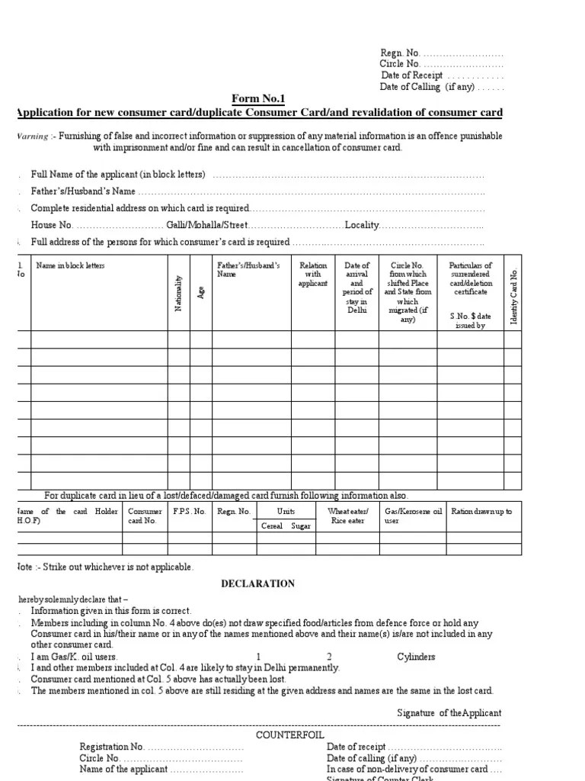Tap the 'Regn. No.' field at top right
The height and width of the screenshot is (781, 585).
tap(441, 53)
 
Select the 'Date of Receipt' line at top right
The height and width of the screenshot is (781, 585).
tap(441, 76)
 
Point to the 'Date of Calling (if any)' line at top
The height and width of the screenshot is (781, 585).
tap(441, 87)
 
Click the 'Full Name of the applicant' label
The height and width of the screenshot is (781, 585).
tap(118, 175)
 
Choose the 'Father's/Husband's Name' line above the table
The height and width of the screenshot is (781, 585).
tap(84, 191)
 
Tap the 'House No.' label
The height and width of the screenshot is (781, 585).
tap(52, 225)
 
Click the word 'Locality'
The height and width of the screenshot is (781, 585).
tap(362, 225)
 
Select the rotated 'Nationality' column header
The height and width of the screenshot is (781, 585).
tap(178, 293)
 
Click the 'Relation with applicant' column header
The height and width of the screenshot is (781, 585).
tap(313, 275)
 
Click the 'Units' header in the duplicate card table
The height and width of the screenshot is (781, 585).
tap(286, 511)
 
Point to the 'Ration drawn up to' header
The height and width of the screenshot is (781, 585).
tap(481, 511)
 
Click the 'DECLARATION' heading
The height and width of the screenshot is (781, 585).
tap(257, 583)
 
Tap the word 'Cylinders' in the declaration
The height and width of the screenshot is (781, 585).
tap(416, 656)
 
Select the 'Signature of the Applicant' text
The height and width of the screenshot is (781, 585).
tap(449, 712)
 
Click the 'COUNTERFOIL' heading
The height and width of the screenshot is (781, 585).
tap(283, 734)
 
